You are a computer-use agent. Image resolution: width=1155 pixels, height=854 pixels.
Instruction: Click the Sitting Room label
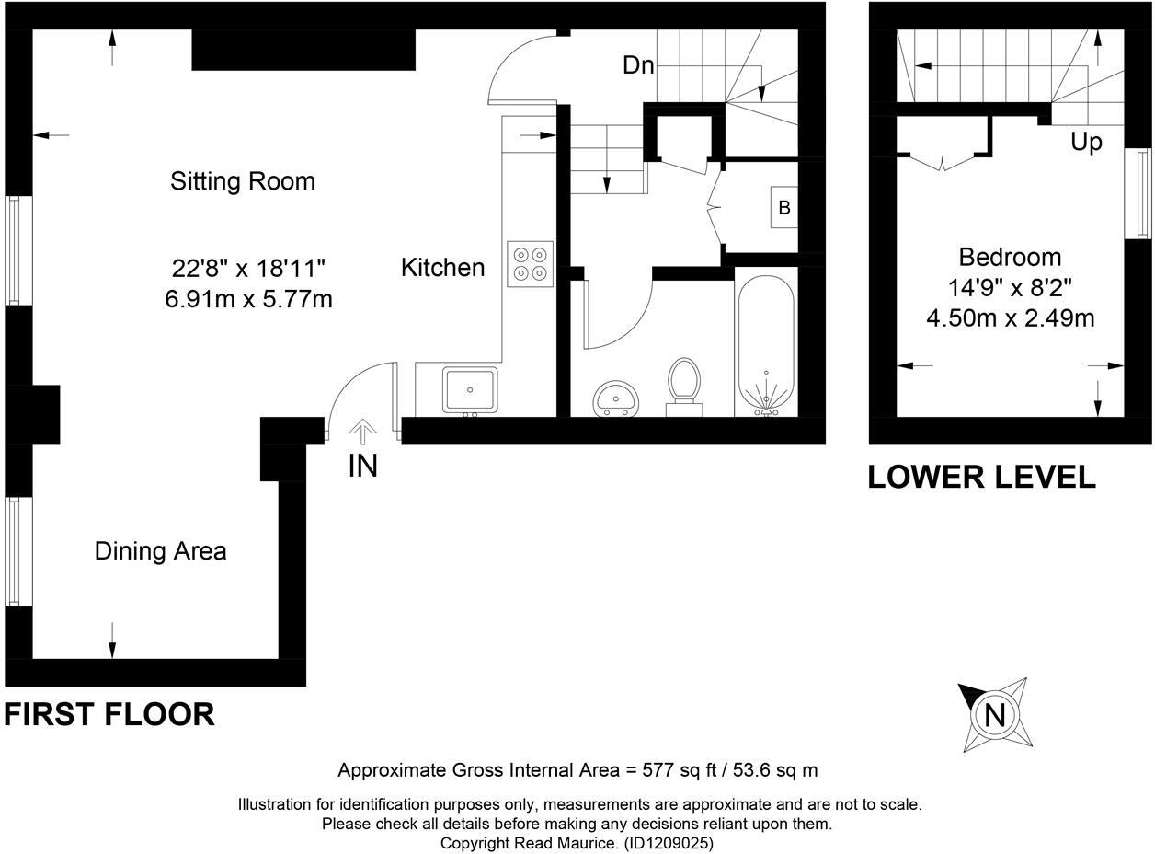tap(243, 181)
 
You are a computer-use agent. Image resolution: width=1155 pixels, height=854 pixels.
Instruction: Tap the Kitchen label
tap(442, 268)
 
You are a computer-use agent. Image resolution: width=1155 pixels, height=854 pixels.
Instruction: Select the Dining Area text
tap(160, 551)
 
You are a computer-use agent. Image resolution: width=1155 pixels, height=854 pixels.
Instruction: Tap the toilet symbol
tap(683, 381)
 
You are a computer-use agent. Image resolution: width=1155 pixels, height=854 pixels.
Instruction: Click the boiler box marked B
tap(784, 208)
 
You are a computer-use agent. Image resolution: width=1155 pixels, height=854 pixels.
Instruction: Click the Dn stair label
tap(638, 65)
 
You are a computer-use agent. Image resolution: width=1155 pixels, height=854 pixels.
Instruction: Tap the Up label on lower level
tap(1085, 143)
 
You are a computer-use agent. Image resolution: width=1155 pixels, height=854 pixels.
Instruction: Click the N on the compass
tap(994, 715)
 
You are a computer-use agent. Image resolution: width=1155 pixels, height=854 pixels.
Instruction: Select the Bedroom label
tap(1009, 257)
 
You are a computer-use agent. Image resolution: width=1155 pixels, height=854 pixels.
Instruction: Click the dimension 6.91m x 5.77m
tap(248, 300)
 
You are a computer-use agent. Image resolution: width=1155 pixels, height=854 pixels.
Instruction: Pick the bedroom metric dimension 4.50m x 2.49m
tap(1010, 318)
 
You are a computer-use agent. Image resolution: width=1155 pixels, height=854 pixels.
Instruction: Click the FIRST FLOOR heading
tap(109, 714)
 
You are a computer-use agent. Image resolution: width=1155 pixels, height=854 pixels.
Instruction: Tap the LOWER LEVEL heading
tap(981, 477)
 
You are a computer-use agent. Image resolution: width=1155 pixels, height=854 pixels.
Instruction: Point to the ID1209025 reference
tap(669, 842)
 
